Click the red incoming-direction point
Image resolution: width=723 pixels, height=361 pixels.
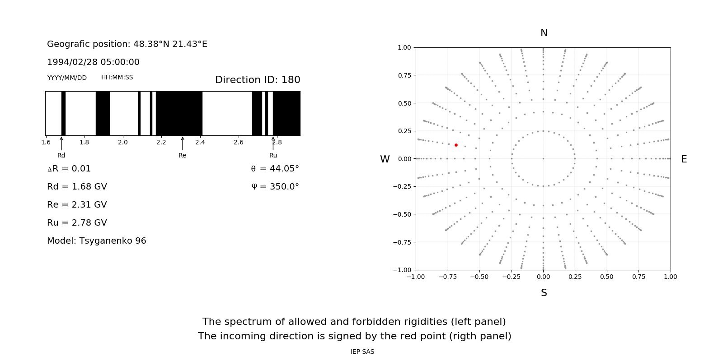[x=456, y=145]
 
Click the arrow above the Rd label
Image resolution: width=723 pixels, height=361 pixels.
[x=61, y=143]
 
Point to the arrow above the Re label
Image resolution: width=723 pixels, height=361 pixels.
[x=183, y=143]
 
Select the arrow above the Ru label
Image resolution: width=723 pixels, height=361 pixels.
[x=273, y=143]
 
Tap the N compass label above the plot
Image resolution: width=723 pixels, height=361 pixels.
[x=544, y=33]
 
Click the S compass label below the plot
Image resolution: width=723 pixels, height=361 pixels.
[x=544, y=293]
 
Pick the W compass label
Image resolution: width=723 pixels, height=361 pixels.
[x=385, y=159]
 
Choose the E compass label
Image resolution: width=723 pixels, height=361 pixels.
[x=684, y=159]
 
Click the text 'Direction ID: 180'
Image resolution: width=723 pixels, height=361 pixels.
[x=258, y=80]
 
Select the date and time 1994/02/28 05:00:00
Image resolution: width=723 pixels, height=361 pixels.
[x=93, y=62]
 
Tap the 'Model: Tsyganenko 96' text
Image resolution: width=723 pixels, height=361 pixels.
[x=97, y=241]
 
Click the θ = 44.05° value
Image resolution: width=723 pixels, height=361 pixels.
[x=275, y=169]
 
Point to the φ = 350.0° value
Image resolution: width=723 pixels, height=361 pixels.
[x=275, y=187]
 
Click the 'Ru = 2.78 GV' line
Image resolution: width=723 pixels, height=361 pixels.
[x=77, y=223]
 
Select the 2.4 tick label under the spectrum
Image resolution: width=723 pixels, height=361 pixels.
[x=200, y=142]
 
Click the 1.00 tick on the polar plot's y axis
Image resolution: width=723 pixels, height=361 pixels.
[x=404, y=47]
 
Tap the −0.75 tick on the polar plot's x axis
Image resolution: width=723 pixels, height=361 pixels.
[x=447, y=277]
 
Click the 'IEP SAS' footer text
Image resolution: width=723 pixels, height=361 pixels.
[x=362, y=352]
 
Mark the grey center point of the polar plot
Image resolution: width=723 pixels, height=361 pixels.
[x=543, y=158]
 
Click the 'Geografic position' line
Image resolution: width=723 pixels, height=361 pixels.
[x=127, y=44]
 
